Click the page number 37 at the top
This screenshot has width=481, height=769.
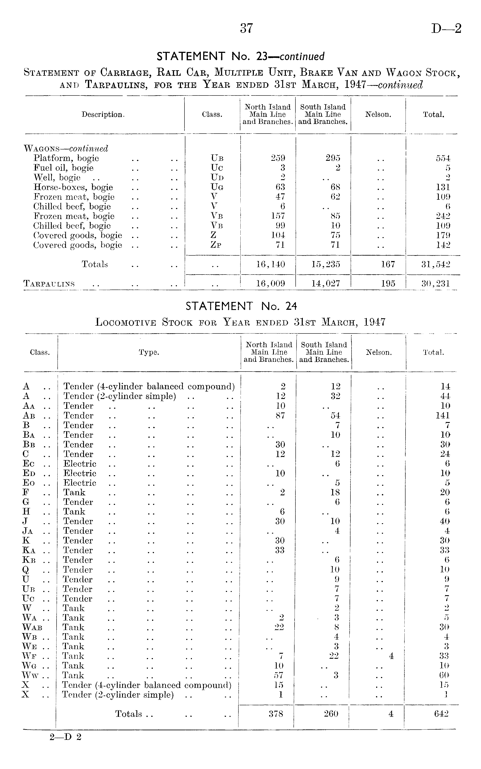[246, 29]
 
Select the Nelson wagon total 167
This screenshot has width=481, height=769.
[388, 264]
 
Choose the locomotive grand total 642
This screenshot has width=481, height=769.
[441, 714]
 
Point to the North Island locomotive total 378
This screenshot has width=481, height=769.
[276, 714]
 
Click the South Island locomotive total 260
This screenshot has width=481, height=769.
[331, 714]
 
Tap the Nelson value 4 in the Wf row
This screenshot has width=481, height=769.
[391, 656]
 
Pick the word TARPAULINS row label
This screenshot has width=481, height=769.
[49, 284]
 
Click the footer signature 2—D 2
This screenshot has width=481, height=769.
[65, 737]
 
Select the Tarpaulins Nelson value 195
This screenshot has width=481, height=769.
[388, 283]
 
